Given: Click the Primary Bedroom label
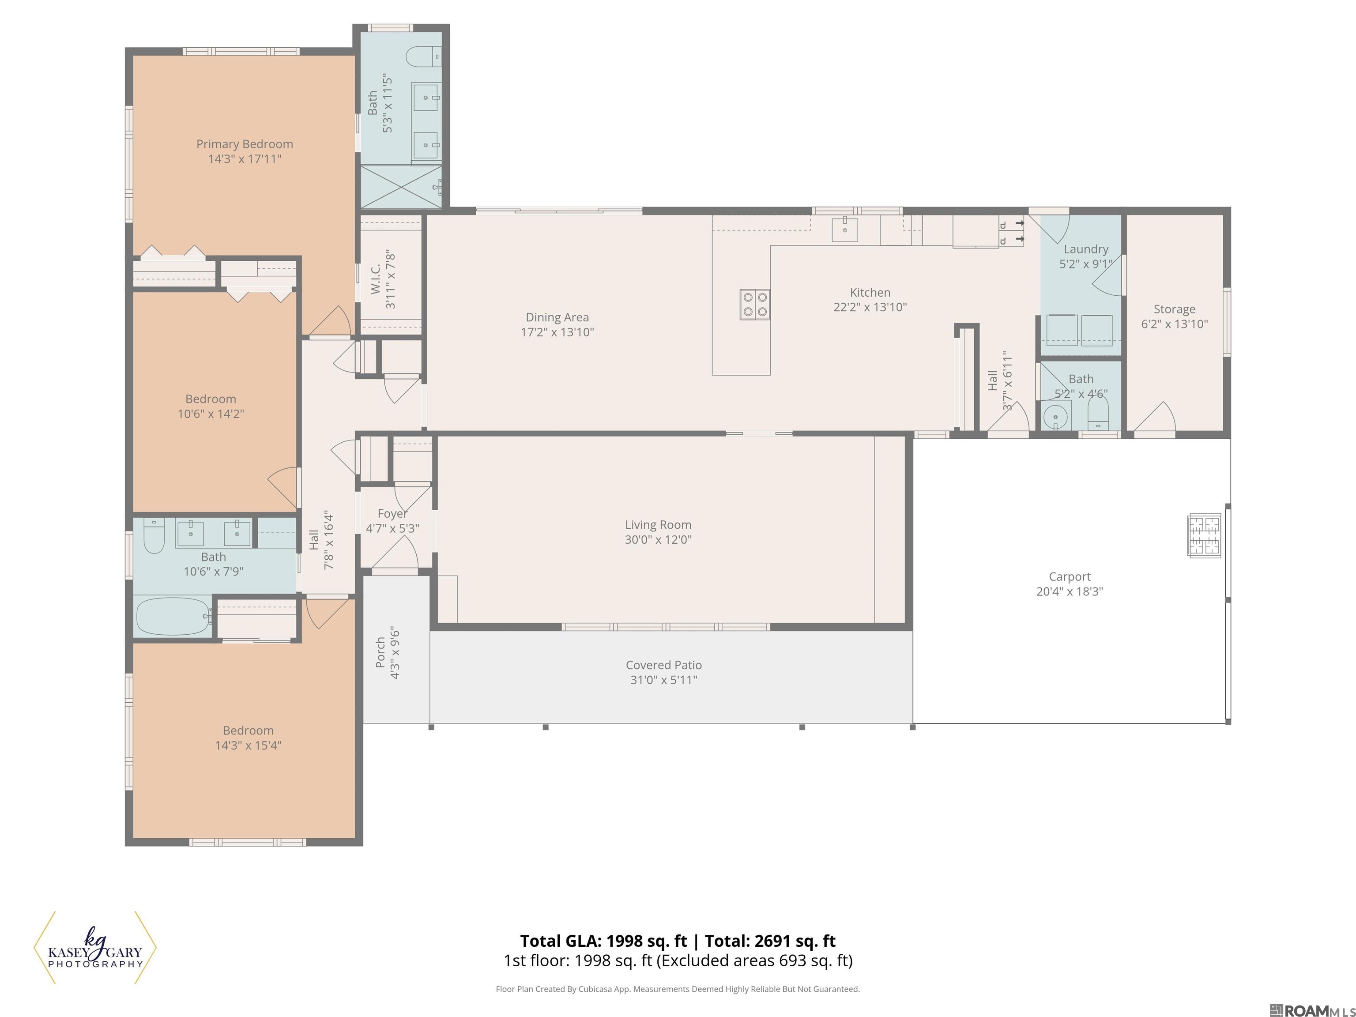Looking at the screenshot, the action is tap(245, 144).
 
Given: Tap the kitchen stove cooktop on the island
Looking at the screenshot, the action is tap(755, 305).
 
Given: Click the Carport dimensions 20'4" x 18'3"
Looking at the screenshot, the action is tap(1070, 591).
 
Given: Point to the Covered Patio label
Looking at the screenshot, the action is tap(664, 665).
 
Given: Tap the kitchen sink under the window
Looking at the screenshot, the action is tap(845, 230).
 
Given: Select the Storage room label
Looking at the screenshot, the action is tap(1175, 309).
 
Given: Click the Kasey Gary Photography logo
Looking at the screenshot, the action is tap(95, 948).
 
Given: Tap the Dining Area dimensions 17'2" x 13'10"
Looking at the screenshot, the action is tap(557, 332).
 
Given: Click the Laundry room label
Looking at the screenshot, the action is tap(1086, 249).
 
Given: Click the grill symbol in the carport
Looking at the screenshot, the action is tap(1204, 535).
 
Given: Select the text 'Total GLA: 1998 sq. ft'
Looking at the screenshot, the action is tap(604, 941).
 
